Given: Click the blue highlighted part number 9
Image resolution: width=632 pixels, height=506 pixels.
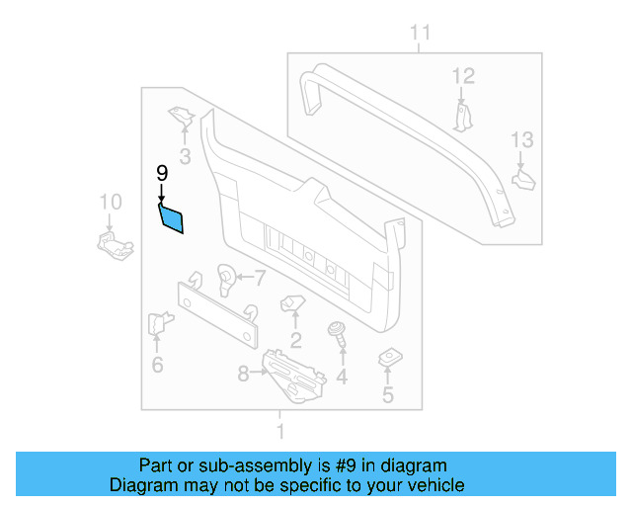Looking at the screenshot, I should (x=172, y=217).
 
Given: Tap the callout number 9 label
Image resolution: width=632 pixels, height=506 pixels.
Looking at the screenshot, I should (x=162, y=174).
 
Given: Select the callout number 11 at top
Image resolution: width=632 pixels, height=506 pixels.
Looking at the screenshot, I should (x=421, y=35).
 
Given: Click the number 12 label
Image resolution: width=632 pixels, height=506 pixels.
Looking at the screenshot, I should (x=463, y=75).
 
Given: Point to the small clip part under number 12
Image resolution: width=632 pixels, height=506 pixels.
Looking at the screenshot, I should (x=464, y=116).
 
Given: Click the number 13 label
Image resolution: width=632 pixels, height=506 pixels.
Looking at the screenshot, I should (x=520, y=140).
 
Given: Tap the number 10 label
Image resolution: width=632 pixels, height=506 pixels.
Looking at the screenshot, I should (x=111, y=203).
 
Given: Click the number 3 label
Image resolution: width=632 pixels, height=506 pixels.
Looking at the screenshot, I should (x=185, y=156).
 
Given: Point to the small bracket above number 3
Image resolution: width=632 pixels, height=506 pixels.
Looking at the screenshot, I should (x=182, y=118).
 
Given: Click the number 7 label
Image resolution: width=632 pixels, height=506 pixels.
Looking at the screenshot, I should (x=261, y=277).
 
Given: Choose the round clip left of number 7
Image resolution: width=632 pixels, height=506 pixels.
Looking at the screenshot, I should (x=225, y=279).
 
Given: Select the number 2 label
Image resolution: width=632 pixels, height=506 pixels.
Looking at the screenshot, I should (x=295, y=342).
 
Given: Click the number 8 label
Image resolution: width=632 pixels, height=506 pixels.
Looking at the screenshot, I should (x=244, y=374).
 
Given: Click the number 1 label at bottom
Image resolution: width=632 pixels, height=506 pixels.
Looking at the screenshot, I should (x=280, y=432).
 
